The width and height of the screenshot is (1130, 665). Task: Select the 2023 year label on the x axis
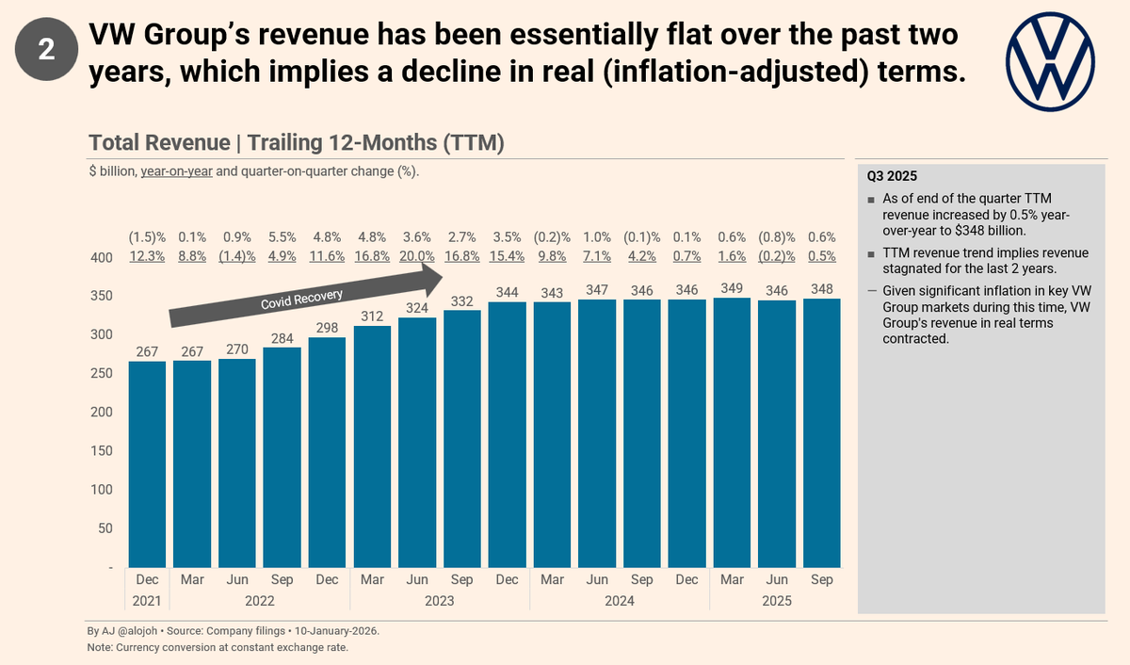(440, 601)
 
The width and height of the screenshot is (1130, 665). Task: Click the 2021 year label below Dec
(147, 601)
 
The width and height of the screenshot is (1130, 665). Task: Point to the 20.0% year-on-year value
(417, 256)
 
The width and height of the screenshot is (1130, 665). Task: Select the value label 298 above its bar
(328, 326)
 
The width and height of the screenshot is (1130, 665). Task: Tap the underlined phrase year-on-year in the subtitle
(177, 171)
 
